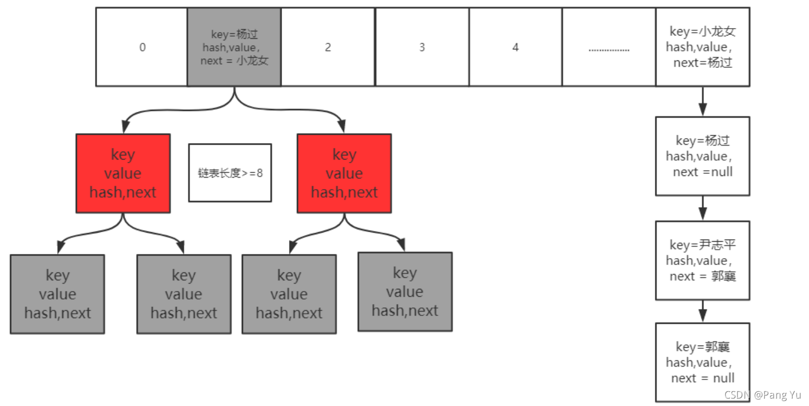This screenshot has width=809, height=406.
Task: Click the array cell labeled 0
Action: tap(142, 47)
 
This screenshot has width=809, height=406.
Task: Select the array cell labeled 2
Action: tap(328, 47)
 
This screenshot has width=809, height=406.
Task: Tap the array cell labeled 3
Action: tap(422, 47)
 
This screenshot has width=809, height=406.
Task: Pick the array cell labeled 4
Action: tap(515, 47)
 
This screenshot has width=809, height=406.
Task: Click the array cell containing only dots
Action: tap(609, 47)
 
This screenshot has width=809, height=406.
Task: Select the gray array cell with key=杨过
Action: tap(234, 47)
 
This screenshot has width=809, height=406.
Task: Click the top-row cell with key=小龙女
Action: tap(702, 47)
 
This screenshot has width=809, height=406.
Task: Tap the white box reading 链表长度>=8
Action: tap(230, 173)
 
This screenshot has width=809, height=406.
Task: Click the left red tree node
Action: tap(123, 173)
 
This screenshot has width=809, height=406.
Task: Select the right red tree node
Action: tap(344, 173)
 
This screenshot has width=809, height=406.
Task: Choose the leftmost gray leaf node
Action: tap(57, 294)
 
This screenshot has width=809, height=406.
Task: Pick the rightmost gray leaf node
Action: tap(405, 292)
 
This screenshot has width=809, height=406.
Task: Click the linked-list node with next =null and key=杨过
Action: tap(702, 156)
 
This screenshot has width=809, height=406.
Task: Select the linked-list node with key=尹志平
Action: tap(702, 260)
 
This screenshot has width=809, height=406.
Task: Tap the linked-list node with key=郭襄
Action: tap(702, 362)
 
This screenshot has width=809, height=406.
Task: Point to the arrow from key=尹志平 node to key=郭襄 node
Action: tap(703, 311)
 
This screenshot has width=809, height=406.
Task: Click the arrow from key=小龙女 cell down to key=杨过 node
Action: tap(703, 101)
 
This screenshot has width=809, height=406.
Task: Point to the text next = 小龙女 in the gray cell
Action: tap(234, 60)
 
